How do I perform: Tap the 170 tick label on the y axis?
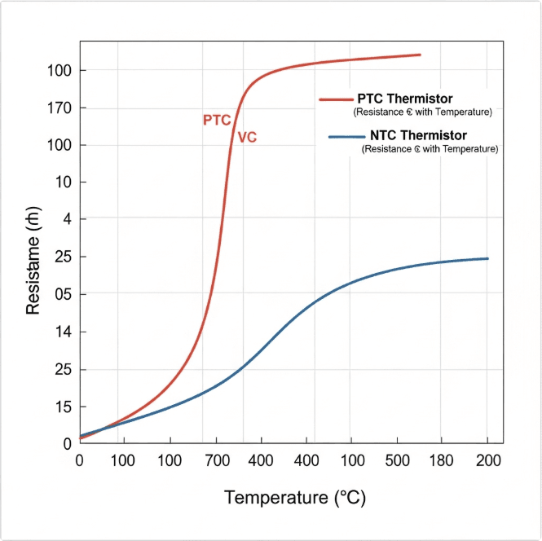point(61,108)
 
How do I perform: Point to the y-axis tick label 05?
point(61,294)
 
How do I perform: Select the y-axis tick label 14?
point(61,332)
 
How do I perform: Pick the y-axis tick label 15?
point(61,407)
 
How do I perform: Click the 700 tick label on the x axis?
point(216,460)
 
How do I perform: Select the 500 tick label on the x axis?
point(397,460)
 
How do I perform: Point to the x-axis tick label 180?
point(442,460)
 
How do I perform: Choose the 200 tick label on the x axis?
point(487,460)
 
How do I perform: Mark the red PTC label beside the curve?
point(217,121)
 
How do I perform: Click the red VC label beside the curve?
point(247,138)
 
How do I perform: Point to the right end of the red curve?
point(420,55)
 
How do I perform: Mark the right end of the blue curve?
point(487,258)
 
